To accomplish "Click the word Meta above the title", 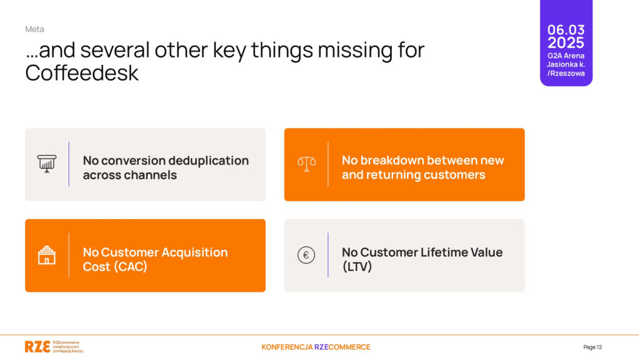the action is pyautogui.click(x=35, y=29).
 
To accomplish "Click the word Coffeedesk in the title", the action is pyautogui.click(x=82, y=73).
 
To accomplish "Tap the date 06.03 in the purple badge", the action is pyautogui.click(x=565, y=30).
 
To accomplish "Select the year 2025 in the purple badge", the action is pyautogui.click(x=565, y=43).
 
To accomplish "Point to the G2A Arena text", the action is pyautogui.click(x=565, y=56).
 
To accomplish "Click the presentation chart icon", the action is pyautogui.click(x=47, y=164).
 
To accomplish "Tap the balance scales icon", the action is pyautogui.click(x=306, y=164).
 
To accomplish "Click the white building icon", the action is pyautogui.click(x=47, y=255).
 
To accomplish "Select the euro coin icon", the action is pyautogui.click(x=306, y=255).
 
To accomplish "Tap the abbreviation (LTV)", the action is pyautogui.click(x=357, y=267).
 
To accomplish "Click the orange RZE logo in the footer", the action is pyautogui.click(x=37, y=346).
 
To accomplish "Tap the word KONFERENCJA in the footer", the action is pyautogui.click(x=287, y=347).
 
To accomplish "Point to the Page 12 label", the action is pyautogui.click(x=593, y=347).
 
